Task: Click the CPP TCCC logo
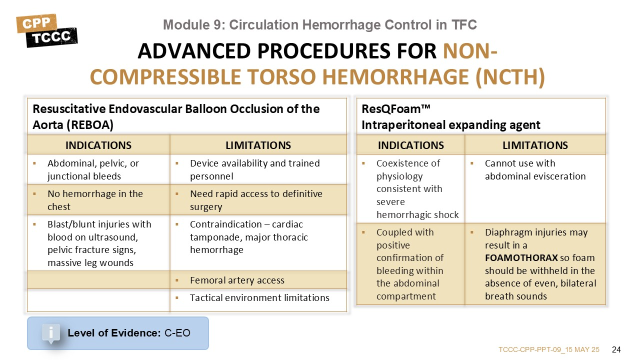(47, 30)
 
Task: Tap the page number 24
(616, 349)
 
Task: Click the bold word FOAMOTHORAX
(521, 257)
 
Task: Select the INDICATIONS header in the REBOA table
(98, 145)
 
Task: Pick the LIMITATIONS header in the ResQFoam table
(535, 145)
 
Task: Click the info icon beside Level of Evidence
(51, 333)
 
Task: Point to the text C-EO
(177, 333)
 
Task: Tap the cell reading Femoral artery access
(258, 280)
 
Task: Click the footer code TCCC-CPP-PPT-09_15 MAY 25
(549, 349)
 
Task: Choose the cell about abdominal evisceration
(535, 188)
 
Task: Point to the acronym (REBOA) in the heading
(90, 125)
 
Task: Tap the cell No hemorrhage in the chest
(98, 199)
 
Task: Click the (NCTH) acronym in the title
(510, 77)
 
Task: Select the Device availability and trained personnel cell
(258, 169)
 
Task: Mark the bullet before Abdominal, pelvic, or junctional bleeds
(34, 163)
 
